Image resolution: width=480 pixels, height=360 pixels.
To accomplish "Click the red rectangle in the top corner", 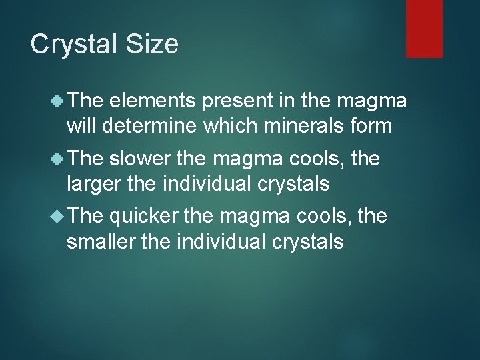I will point(424,28).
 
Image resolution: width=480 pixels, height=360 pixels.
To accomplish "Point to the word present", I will point(233,101).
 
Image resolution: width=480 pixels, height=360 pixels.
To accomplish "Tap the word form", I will point(370,125).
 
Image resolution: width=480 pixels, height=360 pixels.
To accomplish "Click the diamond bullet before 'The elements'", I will point(57,101).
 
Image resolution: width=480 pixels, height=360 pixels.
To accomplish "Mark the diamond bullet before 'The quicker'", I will point(57,216).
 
